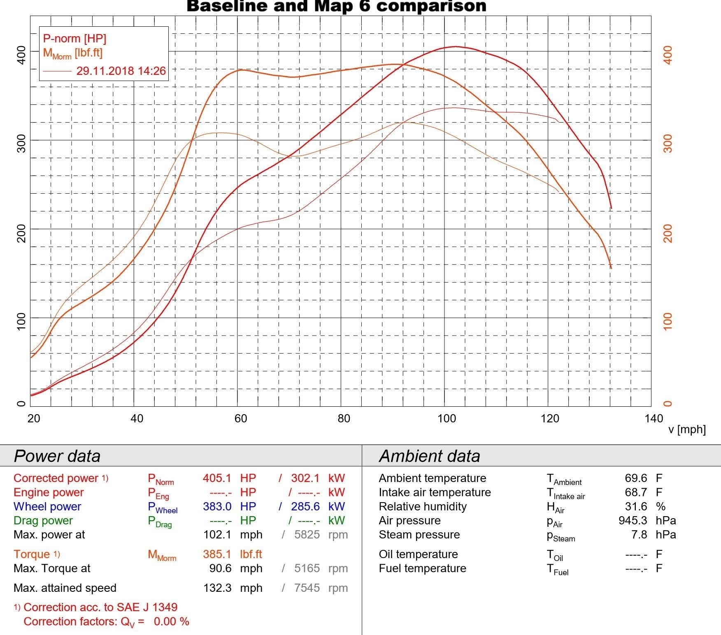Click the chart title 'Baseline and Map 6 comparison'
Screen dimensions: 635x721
pos(336,6)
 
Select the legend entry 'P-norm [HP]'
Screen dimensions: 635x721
pos(74,39)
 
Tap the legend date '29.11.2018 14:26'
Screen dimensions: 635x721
pos(121,71)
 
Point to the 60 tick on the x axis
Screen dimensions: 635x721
pos(241,419)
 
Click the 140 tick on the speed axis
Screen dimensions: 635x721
pos(654,419)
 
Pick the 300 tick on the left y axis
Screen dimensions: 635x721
pos(21,143)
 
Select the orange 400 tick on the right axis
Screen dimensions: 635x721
pos(668,55)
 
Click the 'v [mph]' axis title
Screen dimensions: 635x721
pos(687,429)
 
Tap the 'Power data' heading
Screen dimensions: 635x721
pos(57,456)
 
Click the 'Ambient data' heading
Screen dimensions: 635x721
pos(429,456)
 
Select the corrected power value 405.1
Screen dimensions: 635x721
pos(217,478)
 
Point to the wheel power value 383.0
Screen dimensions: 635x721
pos(217,506)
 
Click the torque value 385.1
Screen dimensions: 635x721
pos(217,554)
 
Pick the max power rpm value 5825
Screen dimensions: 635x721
pos(307,535)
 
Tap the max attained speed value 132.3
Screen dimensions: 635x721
pos(217,588)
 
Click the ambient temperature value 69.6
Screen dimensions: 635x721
pos(636,478)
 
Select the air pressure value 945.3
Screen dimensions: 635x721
pos(633,520)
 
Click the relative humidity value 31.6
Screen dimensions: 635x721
pos(636,506)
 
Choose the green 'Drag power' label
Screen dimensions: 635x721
pos(43,520)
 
